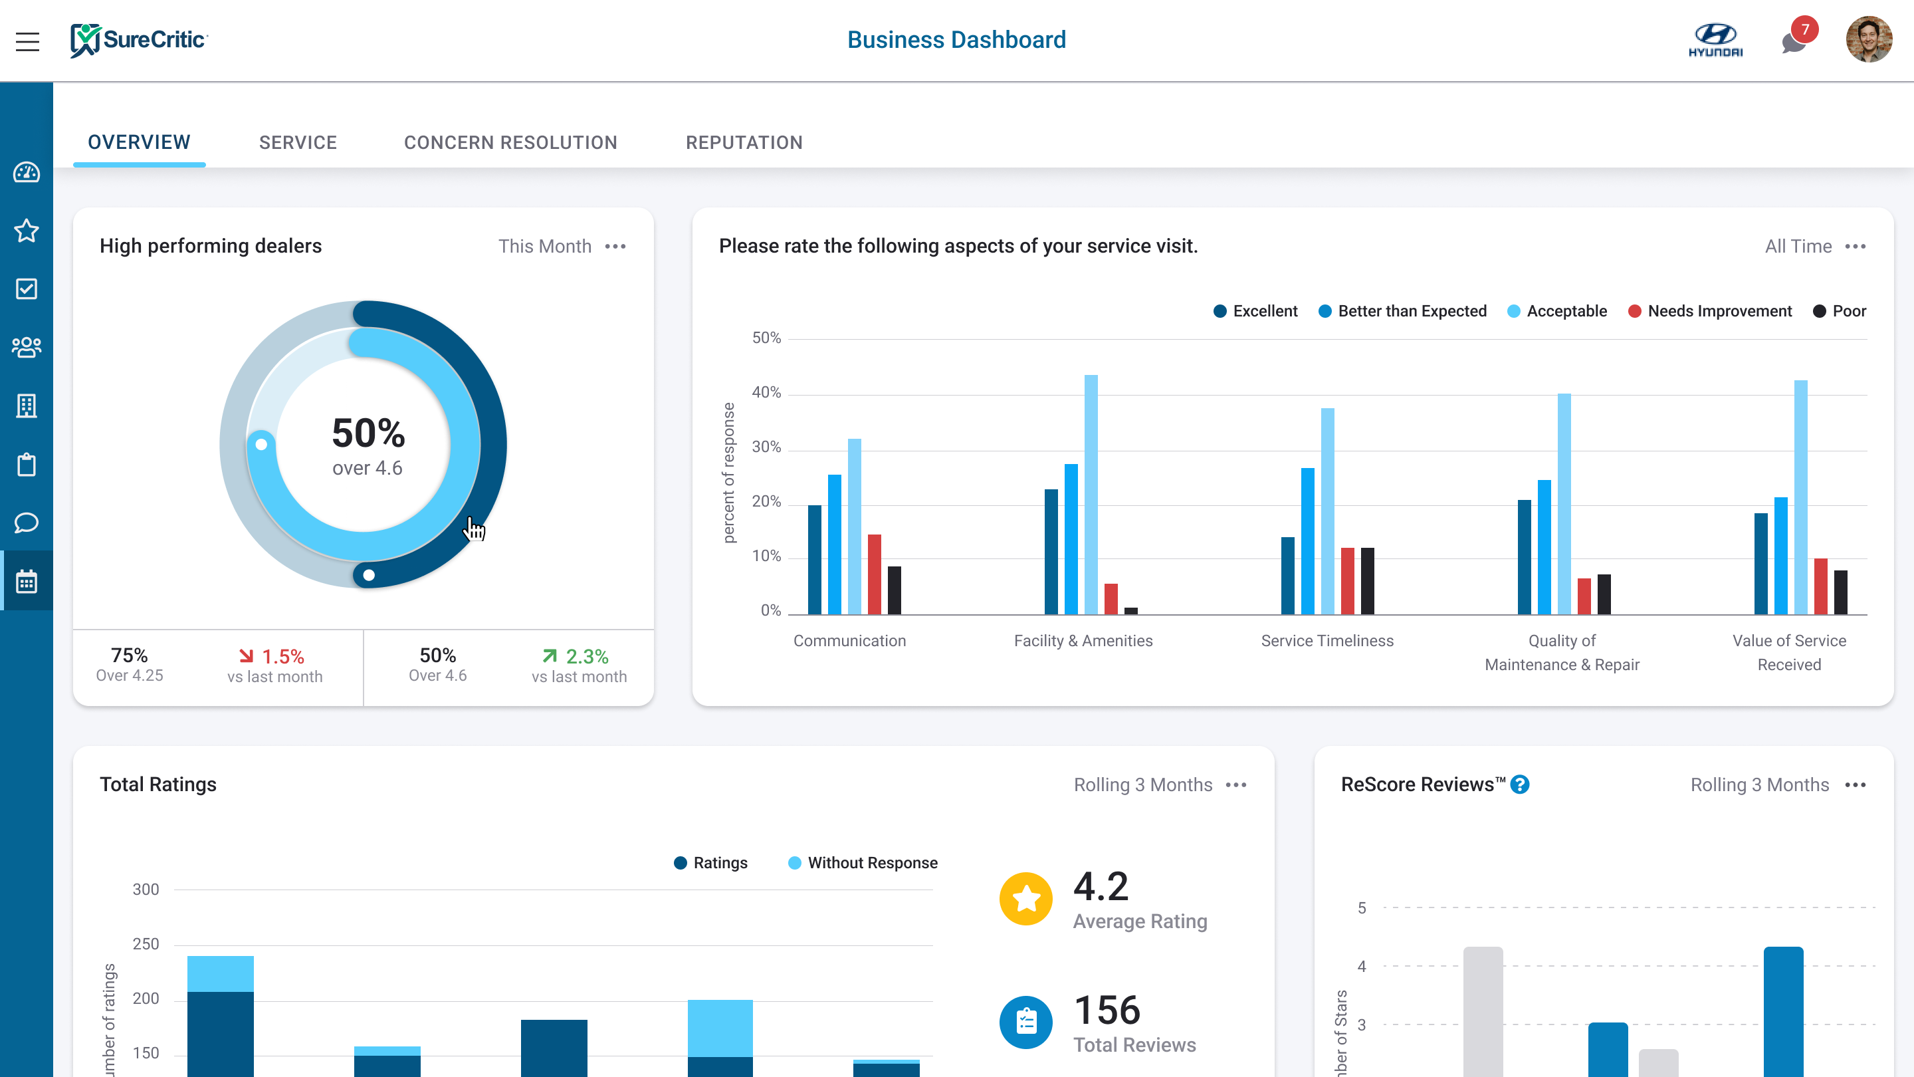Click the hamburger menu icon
(x=27, y=42)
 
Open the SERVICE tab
(x=298, y=143)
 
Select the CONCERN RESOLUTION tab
(x=510, y=143)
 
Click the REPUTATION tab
(x=744, y=143)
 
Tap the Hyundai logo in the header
(x=1715, y=40)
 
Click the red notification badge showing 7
(x=1804, y=30)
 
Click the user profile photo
(x=1868, y=40)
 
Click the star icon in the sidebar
(x=27, y=231)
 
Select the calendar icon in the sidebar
(x=27, y=581)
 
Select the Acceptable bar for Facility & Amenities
(x=1091, y=494)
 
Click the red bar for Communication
(x=875, y=574)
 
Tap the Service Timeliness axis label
(x=1327, y=641)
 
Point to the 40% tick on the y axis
(x=766, y=392)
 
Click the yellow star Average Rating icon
(x=1025, y=899)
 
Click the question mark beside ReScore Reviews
(x=1520, y=785)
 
